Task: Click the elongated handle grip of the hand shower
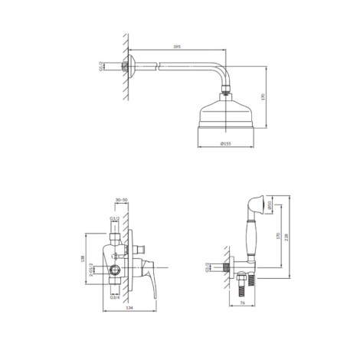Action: click(250, 238)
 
